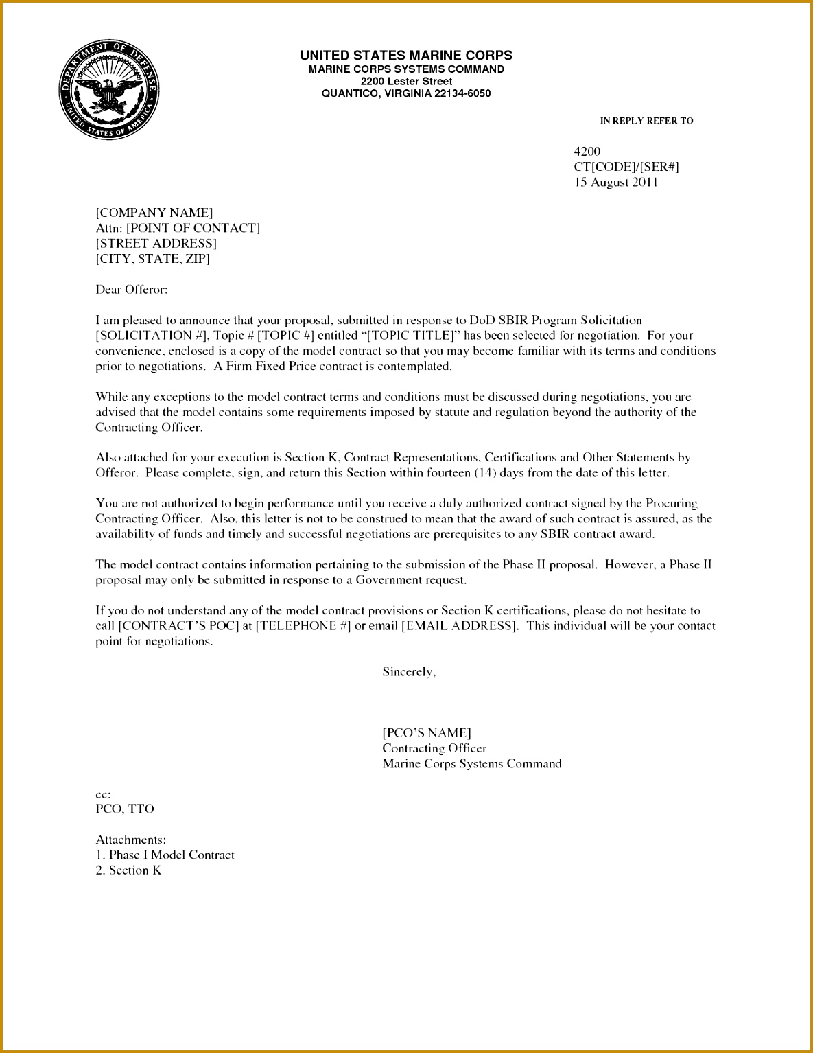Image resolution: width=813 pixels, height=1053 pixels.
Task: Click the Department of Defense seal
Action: pos(108,89)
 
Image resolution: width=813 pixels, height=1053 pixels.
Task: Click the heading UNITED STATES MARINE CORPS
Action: pos(406,56)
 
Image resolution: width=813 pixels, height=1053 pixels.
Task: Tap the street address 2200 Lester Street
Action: pos(406,81)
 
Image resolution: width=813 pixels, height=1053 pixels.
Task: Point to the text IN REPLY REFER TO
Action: pos(646,121)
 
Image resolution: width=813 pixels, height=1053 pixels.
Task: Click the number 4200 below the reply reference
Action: pos(587,151)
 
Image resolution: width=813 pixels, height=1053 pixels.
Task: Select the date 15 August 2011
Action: pos(616,182)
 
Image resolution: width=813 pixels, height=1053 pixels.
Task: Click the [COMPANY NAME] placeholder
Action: pos(154,213)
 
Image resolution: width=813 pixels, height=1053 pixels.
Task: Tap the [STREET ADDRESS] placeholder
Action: pos(156,244)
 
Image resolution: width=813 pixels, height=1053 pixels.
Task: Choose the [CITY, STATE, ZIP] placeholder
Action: pos(153,259)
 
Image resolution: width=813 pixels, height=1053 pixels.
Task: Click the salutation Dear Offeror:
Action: pos(132,290)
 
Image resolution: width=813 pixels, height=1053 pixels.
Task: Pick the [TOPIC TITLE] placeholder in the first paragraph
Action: pos(411,336)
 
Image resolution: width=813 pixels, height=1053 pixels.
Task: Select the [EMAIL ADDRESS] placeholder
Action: pos(459,626)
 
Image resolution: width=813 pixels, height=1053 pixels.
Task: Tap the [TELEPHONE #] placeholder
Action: pos(303,626)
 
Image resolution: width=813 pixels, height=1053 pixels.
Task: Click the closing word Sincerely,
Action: pos(409,672)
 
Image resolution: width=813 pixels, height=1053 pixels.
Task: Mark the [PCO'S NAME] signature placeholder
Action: pos(427,733)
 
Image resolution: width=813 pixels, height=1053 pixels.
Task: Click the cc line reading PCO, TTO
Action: pos(125,809)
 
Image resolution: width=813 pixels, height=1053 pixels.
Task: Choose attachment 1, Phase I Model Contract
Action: pos(166,855)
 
